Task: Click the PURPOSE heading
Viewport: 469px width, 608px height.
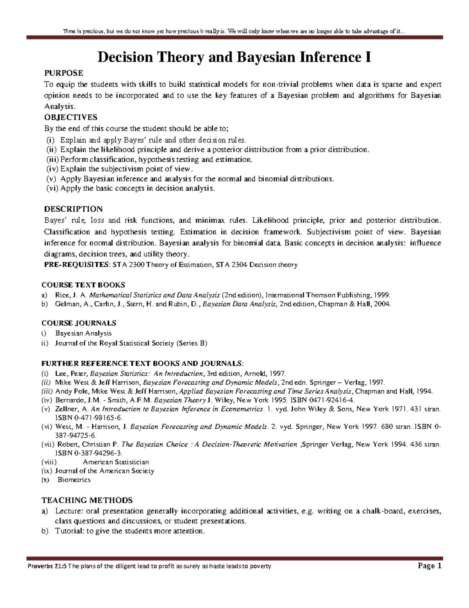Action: [x=63, y=73]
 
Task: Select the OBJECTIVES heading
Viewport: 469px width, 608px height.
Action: [x=70, y=117]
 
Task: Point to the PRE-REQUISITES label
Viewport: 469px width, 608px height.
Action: [x=77, y=265]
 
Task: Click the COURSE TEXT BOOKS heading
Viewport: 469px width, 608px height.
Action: [x=83, y=285]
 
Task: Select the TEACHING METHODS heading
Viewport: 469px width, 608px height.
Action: [x=87, y=500]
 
